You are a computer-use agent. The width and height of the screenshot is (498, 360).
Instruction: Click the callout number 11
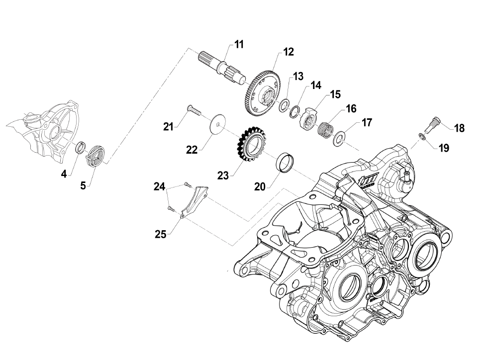pos(239,45)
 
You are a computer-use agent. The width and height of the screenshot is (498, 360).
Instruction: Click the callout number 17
pos(367,121)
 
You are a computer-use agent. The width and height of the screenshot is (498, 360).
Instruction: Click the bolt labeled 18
pos(431,121)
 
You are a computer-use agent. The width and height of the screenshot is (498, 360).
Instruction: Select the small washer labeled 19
pos(421,136)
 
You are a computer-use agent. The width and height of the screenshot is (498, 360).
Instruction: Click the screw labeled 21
pos(194,110)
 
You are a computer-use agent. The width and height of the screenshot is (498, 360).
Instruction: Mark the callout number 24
pos(159,187)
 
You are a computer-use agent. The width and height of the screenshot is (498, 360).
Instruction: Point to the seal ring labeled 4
pos(80,148)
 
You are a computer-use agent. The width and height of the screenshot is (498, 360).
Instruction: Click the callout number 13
pos(298,77)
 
